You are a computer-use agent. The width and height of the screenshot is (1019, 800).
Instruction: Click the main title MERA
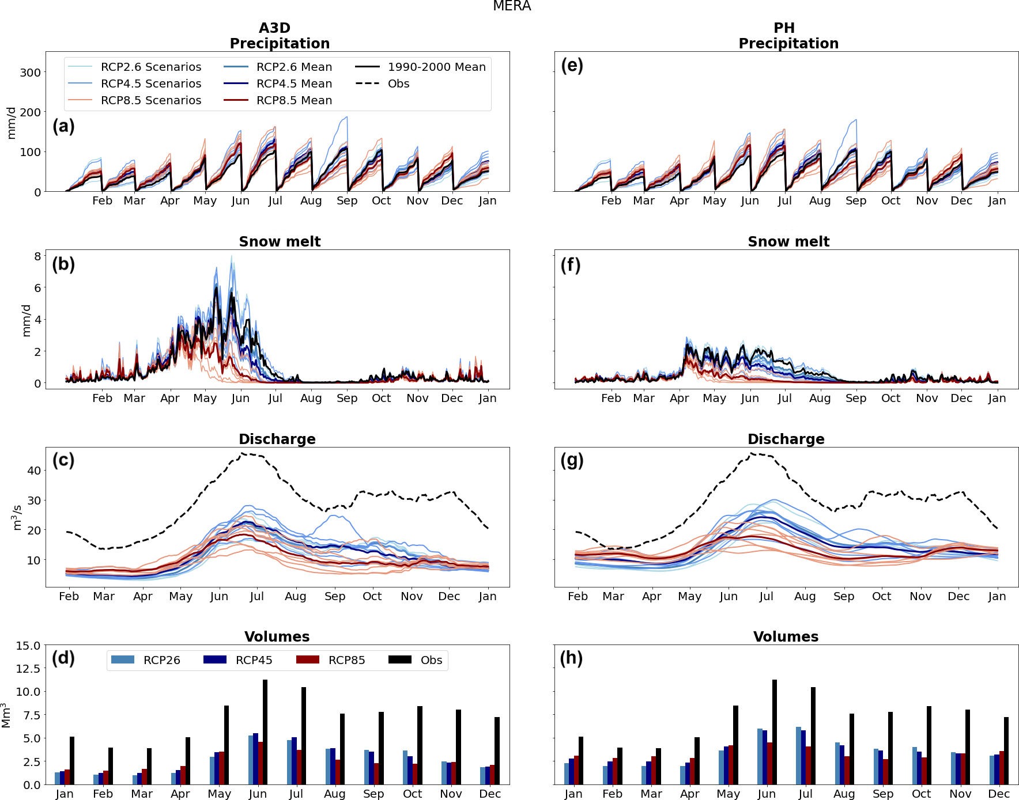coord(512,6)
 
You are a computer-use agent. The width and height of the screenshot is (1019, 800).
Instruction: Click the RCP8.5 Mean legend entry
coord(294,100)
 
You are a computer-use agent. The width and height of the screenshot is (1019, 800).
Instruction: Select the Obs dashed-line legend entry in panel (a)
coord(398,84)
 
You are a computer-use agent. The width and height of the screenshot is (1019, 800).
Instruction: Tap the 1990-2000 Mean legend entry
coord(436,67)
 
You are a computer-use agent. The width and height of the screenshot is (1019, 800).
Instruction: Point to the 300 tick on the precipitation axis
coord(31,73)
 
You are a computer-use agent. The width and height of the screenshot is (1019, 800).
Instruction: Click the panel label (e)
coord(572,66)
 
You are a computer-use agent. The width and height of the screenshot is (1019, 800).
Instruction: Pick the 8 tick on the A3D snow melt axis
coord(37,256)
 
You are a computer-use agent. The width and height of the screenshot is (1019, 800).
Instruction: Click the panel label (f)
coord(571,265)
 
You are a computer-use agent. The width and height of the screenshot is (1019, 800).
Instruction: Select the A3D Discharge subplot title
coord(277,439)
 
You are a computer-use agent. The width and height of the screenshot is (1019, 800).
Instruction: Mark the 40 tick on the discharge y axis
coord(34,471)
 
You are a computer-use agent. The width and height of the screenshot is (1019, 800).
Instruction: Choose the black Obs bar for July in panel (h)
coord(813,735)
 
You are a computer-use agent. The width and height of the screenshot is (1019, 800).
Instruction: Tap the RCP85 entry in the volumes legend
coord(346,660)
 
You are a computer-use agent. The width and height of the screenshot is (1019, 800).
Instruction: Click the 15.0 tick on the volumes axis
coord(28,646)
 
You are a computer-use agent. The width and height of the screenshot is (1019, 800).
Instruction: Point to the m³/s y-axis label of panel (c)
coord(17,517)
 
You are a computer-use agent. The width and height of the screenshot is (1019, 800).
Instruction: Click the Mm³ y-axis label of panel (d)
coord(6,715)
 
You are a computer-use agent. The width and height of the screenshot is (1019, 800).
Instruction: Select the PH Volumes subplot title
coord(786,636)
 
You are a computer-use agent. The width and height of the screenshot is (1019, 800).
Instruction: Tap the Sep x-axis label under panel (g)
coord(844,596)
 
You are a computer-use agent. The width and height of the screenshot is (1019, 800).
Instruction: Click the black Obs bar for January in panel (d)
coord(72,760)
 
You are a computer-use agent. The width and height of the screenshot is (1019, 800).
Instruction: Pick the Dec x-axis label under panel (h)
coord(999,794)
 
